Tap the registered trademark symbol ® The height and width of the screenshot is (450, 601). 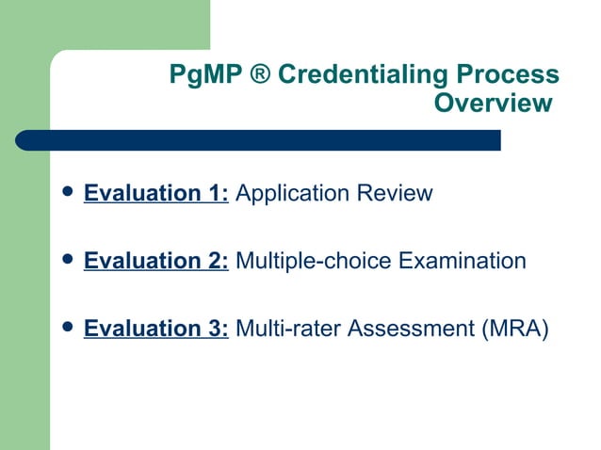(260, 75)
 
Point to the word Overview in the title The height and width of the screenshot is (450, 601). (492, 104)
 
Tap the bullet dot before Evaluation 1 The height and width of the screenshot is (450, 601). (65, 192)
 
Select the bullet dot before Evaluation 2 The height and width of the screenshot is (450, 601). (65, 259)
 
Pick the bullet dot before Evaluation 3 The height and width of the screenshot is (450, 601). (65, 327)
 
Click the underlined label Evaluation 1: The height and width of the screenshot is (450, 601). (156, 194)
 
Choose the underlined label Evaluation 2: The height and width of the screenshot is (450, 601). (156, 261)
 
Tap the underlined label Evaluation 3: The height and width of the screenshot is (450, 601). (156, 329)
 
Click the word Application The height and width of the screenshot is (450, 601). (292, 195)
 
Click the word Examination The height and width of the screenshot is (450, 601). (463, 261)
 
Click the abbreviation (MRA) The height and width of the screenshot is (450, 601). (513, 329)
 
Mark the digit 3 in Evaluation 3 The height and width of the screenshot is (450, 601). (216, 329)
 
